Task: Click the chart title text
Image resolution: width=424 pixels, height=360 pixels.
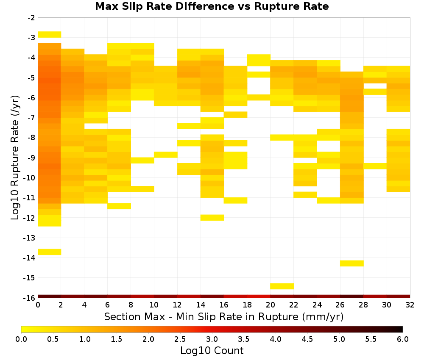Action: (212, 6)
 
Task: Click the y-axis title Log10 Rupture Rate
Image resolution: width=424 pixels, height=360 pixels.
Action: (15, 158)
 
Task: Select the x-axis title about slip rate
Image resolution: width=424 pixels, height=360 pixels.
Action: (223, 316)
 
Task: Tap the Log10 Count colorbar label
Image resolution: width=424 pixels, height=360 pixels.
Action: (212, 351)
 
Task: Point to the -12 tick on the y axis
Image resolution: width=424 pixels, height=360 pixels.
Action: (31, 218)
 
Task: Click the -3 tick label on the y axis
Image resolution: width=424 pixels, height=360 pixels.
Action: (31, 38)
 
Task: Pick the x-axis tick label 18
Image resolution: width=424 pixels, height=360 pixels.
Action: (247, 305)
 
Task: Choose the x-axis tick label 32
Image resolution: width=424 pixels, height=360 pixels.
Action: (410, 305)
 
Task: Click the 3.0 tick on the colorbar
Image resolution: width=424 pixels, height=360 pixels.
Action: (212, 339)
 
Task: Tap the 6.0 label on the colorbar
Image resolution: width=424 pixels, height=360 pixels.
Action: (403, 339)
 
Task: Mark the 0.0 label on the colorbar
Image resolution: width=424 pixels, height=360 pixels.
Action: (21, 339)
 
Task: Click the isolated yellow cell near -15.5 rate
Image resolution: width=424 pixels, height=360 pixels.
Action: (282, 286)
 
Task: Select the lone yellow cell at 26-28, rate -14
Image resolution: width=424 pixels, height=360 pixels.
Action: (351, 263)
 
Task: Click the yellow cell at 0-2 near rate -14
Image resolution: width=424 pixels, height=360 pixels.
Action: (50, 252)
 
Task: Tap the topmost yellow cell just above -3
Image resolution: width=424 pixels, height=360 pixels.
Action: (50, 35)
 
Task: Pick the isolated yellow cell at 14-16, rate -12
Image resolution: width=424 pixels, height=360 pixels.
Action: (212, 218)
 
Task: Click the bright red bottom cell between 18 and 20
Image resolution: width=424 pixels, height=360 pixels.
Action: (259, 296)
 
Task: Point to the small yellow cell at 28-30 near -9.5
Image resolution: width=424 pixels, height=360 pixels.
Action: (375, 166)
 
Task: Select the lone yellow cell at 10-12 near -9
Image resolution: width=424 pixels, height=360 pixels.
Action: (166, 155)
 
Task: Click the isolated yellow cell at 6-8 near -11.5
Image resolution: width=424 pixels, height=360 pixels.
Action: (119, 206)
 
